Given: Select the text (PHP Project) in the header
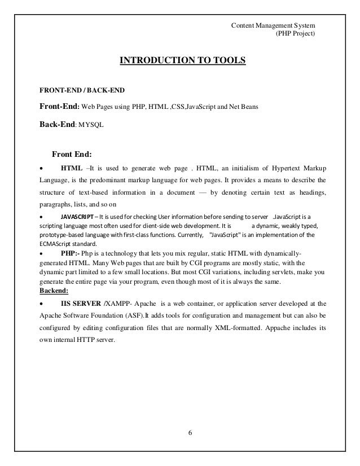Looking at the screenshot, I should pyautogui.click(x=295, y=34).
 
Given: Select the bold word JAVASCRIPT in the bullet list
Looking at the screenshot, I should pyautogui.click(x=78, y=216).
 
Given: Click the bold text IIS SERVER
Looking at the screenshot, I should pyautogui.click(x=83, y=303).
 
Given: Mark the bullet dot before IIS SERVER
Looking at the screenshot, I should pyautogui.click(x=42, y=304).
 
